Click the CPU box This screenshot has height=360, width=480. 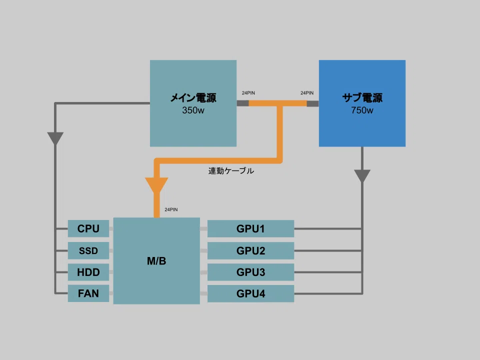(88, 228)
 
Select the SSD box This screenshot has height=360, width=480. (88, 250)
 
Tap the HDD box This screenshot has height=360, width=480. (88, 272)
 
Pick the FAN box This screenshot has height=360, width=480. (88, 293)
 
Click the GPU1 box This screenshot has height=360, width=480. (250, 228)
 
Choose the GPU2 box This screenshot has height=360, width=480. (250, 250)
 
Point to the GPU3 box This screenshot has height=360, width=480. (250, 272)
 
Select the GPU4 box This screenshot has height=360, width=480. (250, 293)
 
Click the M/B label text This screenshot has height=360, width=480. (156, 261)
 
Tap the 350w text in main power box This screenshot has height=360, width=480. (193, 110)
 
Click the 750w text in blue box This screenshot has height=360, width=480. (362, 110)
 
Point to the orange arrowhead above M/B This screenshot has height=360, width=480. (156, 184)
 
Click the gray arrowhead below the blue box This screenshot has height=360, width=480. (362, 175)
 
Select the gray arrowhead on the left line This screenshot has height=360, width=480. (55, 138)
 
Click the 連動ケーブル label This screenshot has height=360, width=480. (231, 170)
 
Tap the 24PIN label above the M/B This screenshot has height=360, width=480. (171, 209)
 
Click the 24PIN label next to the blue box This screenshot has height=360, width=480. (307, 93)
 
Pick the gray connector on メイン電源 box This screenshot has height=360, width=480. (243, 103)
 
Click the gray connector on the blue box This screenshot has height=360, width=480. (312, 103)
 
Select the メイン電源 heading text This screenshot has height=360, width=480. (193, 97)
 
